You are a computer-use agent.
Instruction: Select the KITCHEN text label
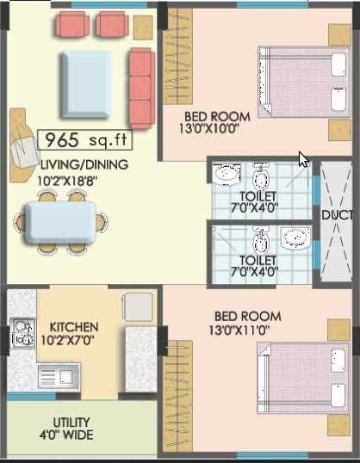[73, 327]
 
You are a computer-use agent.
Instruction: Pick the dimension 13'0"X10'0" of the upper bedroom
[217, 130]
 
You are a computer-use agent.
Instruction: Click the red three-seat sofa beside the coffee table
[141, 86]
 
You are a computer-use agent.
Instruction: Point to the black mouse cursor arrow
[302, 158]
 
